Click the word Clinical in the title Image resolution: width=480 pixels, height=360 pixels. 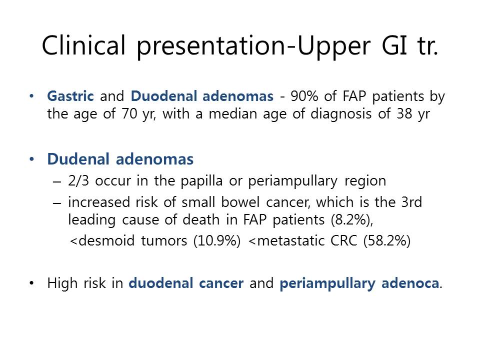83,45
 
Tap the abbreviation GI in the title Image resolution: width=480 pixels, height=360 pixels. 394,45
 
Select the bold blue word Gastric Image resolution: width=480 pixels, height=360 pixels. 70,96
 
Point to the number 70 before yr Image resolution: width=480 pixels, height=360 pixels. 129,114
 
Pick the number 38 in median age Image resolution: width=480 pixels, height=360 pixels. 404,114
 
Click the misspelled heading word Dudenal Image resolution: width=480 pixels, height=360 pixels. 78,159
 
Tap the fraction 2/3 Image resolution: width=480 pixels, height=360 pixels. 78,180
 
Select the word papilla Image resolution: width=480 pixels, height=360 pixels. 201,181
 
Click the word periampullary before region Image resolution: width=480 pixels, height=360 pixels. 292,181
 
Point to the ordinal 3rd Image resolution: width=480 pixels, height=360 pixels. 411,202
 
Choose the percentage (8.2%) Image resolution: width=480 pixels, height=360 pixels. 351,220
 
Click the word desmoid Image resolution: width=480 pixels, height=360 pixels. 106,240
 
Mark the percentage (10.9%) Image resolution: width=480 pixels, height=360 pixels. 217,241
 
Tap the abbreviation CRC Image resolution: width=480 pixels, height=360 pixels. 344,241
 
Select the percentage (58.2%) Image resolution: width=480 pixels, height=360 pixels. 387,241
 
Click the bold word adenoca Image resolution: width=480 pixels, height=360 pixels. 410,283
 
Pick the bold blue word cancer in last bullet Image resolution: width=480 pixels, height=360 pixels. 221,283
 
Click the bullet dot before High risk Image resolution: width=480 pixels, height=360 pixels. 31,283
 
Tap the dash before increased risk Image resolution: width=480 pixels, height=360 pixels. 57,203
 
